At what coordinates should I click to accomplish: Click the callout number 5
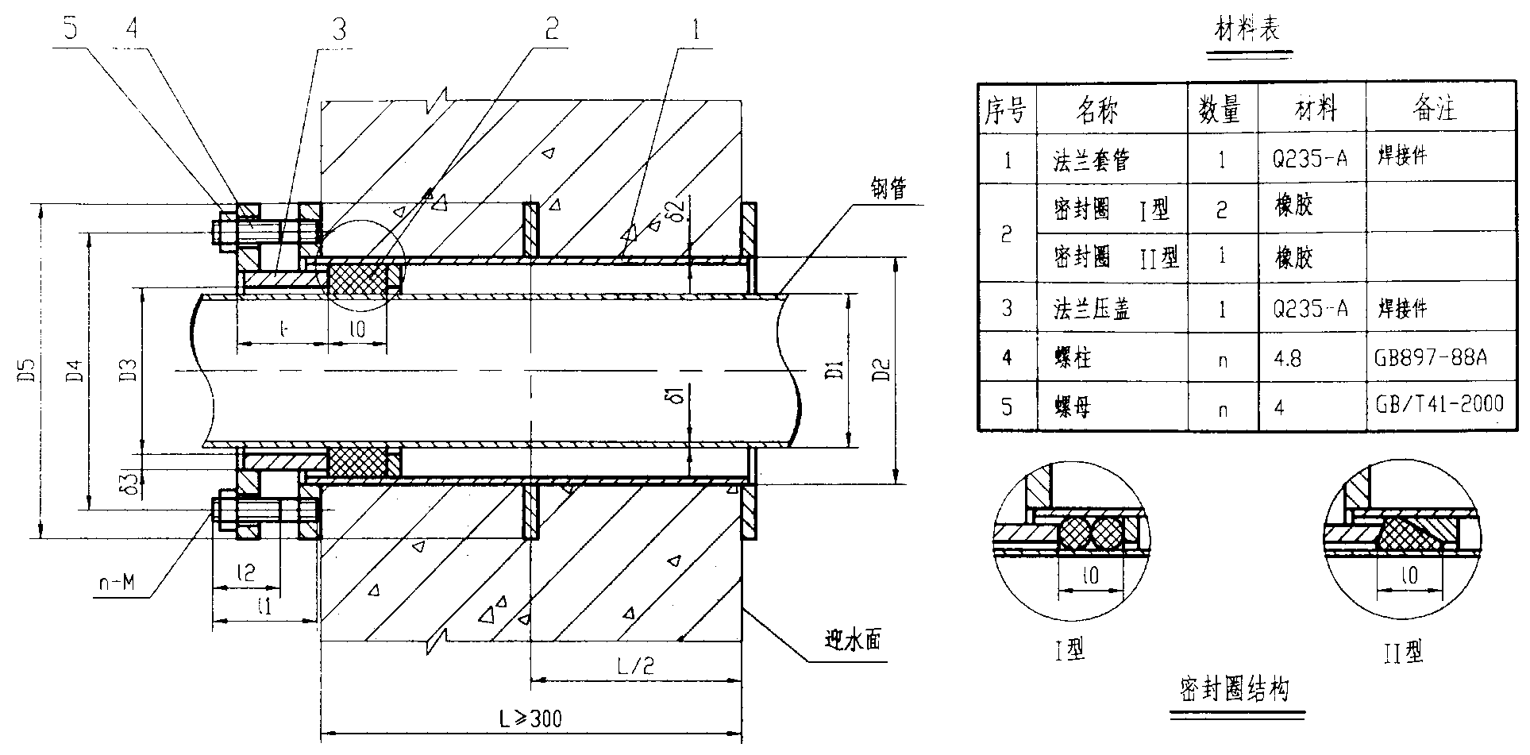pos(71,31)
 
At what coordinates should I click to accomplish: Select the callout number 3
pos(340,31)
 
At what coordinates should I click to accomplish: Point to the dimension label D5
pos(25,370)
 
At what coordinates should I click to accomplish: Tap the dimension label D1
pos(833,369)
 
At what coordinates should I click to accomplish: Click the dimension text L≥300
pos(530,719)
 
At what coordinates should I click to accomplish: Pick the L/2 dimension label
pos(635,665)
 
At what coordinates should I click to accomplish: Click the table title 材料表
pos(1248,31)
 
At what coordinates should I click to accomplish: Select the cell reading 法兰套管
pos(1090,160)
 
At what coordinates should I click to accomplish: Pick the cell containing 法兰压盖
pos(1090,309)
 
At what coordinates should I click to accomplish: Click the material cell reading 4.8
pos(1287,359)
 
